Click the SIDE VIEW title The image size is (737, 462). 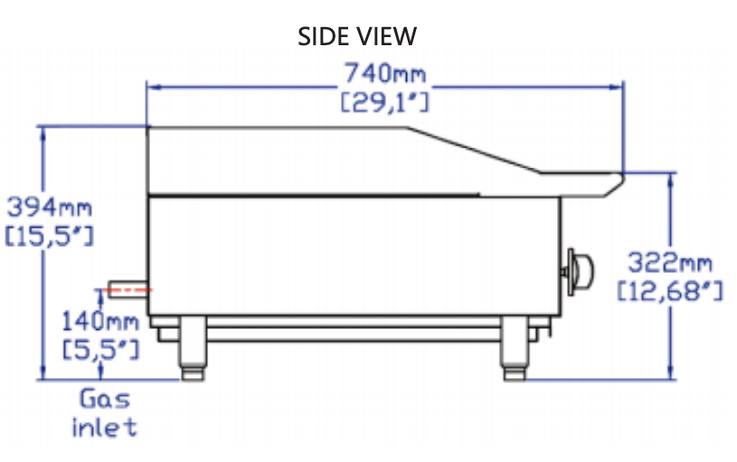click(357, 36)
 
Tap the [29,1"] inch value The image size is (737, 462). click(384, 102)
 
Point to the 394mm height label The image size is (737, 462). click(50, 206)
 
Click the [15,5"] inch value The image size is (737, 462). click(50, 237)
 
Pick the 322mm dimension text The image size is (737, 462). click(670, 263)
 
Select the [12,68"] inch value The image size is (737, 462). click(670, 292)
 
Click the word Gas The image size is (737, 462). click(105, 398)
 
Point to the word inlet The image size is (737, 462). click(105, 427)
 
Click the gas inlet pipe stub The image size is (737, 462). click(128, 289)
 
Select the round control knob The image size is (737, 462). click(578, 269)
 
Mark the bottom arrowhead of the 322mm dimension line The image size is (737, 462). click(670, 373)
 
